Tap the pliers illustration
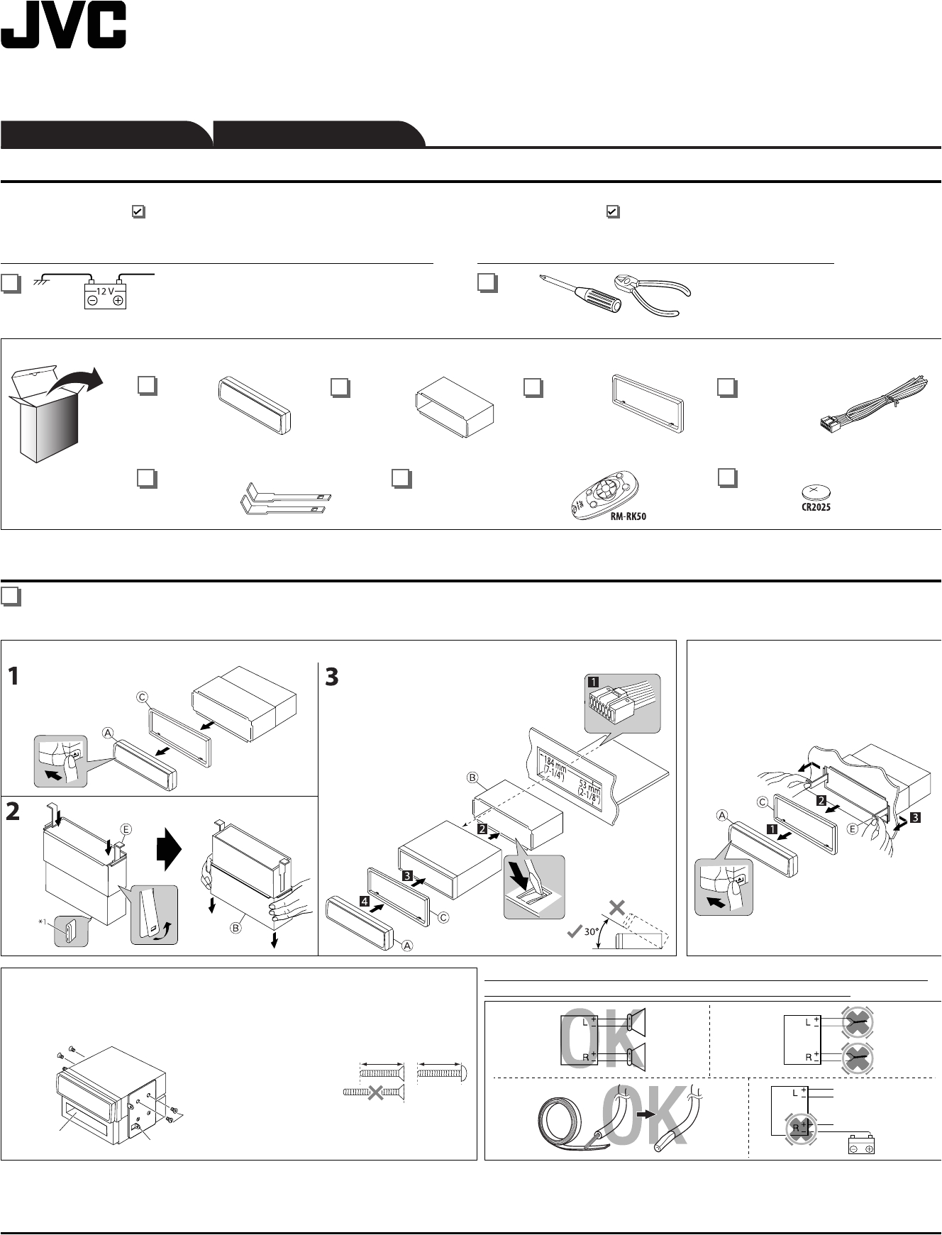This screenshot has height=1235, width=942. pyautogui.click(x=652, y=292)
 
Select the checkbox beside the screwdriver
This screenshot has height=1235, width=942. pyautogui.click(x=487, y=284)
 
